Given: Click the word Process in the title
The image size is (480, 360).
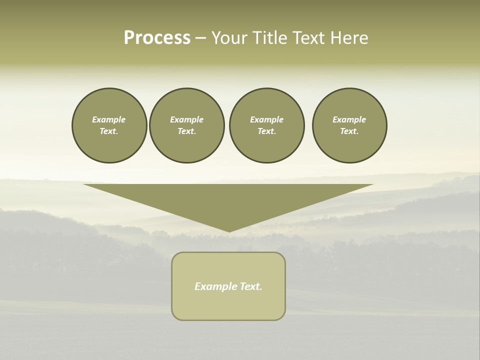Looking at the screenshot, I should tap(157, 38).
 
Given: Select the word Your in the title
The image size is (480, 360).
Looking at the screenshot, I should tap(229, 38).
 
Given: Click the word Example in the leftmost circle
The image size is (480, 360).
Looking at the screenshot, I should tap(109, 119).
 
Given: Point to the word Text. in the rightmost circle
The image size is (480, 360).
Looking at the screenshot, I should tap(349, 131).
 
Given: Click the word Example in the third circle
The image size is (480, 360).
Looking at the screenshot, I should tap(266, 119).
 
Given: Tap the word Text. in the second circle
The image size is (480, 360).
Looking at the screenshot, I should tap(186, 131).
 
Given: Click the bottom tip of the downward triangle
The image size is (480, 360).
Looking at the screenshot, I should tap(229, 231).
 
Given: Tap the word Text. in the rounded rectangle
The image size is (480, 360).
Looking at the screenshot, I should tap(251, 286).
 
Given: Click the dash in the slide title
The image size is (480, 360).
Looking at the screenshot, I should tap(200, 38).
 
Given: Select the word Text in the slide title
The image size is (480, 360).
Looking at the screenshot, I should tap(306, 38).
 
